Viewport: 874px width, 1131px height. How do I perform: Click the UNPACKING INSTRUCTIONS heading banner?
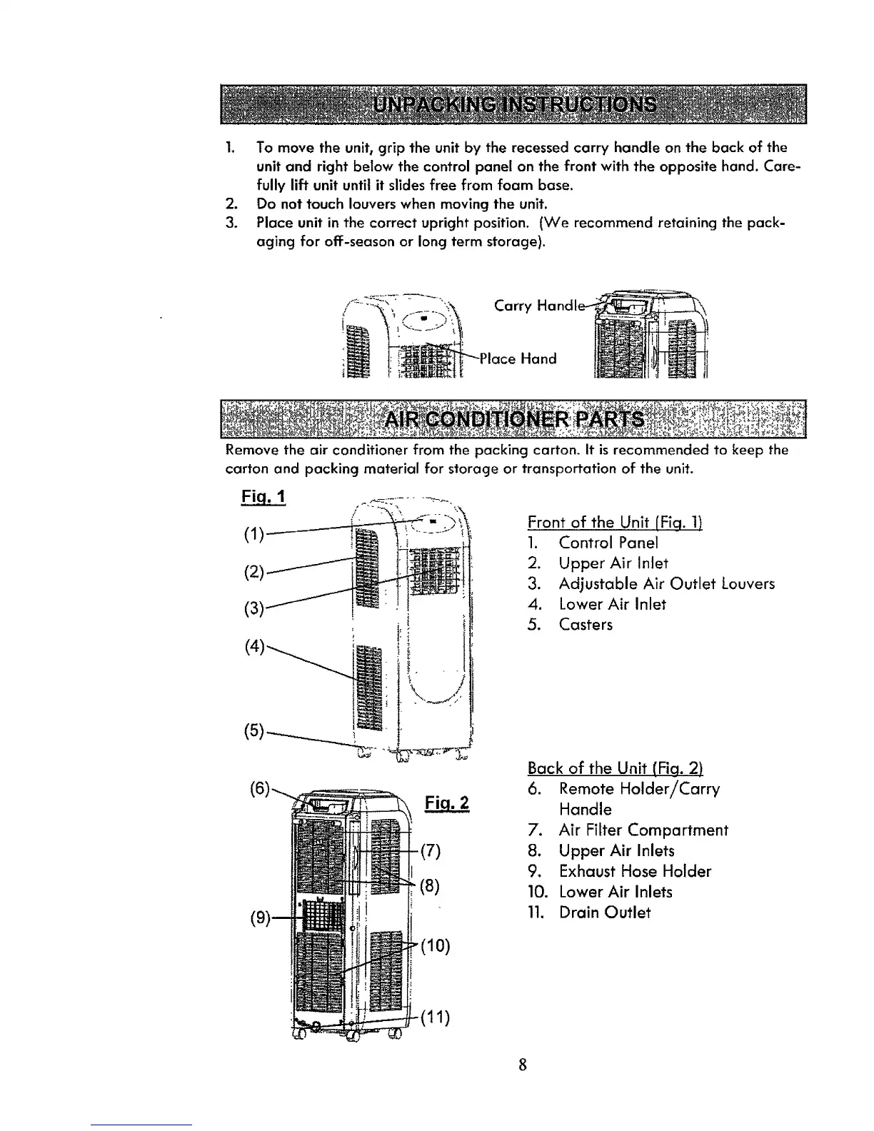click(513, 105)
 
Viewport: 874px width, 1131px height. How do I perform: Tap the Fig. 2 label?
click(446, 803)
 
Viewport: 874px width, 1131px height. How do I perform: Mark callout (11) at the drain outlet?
click(433, 1018)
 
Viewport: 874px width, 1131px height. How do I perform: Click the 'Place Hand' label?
click(518, 358)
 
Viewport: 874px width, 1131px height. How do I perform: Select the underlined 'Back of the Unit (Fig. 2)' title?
click(616, 768)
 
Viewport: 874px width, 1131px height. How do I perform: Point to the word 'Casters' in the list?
click(586, 625)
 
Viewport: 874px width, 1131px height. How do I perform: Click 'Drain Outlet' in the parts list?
click(604, 913)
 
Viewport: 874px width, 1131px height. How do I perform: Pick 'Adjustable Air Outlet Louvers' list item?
click(666, 583)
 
